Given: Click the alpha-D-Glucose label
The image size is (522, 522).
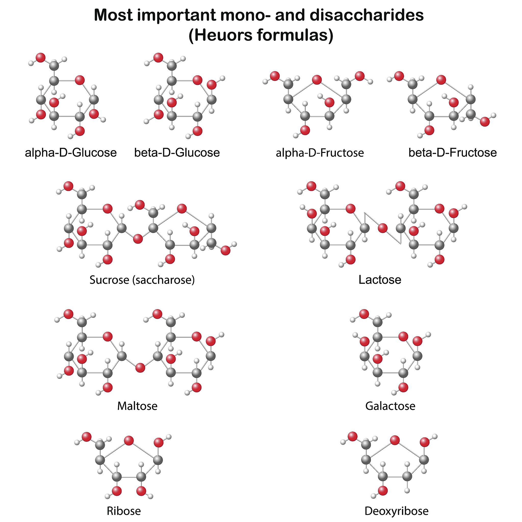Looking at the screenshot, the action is (71, 153).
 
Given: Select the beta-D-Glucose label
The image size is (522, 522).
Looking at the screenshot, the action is (177, 153).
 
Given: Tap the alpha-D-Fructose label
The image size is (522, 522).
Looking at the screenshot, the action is (320, 153).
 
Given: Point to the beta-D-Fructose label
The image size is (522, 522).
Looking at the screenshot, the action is (453, 153).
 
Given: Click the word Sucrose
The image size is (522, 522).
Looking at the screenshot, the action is (109, 280).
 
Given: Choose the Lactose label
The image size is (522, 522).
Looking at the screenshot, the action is (380, 280).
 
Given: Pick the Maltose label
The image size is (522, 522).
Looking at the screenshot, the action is (137, 406).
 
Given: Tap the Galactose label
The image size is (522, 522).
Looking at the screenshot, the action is (390, 406).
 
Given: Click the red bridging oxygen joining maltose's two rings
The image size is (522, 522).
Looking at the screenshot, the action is (140, 368).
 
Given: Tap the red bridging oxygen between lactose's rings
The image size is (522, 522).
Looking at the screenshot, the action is (383, 228).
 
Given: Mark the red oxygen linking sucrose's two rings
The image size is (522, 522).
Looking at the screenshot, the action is (138, 239).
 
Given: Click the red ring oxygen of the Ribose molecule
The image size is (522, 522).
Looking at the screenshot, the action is (129, 440).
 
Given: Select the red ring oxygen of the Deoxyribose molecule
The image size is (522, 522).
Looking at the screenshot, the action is (395, 440).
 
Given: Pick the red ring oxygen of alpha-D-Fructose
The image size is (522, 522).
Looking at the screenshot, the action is (317, 80).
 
